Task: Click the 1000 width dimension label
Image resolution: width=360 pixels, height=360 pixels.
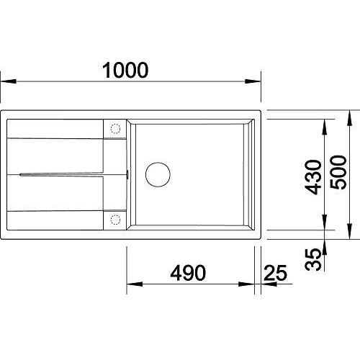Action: click(125, 70)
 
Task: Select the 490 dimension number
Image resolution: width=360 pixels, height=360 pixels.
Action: click(188, 273)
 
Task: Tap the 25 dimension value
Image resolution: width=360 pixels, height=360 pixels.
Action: click(275, 273)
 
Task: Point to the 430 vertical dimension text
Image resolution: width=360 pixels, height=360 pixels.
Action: click(313, 177)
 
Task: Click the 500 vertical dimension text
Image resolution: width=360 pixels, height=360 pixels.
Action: click(338, 172)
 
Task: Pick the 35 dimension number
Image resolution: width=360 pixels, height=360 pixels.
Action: click(313, 259)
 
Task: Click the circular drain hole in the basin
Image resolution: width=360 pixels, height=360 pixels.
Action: click(158, 174)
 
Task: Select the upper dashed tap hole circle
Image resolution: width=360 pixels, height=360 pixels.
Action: click(115, 129)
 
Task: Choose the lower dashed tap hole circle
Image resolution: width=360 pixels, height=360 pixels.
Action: click(115, 220)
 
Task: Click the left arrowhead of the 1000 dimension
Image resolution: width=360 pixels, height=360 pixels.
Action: click(9, 81)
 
